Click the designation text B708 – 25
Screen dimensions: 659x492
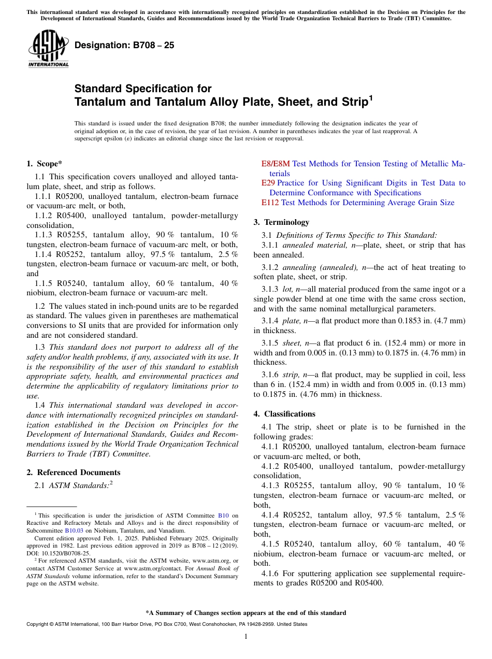point(124,45)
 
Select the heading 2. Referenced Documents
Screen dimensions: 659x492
point(74,472)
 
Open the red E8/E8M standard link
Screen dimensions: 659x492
point(275,164)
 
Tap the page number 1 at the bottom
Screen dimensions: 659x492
point(246,637)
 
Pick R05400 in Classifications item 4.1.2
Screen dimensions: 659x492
point(298,466)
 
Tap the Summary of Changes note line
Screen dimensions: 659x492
point(246,613)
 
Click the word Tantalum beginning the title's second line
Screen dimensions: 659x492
point(100,102)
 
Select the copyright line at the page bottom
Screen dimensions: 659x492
point(167,624)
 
